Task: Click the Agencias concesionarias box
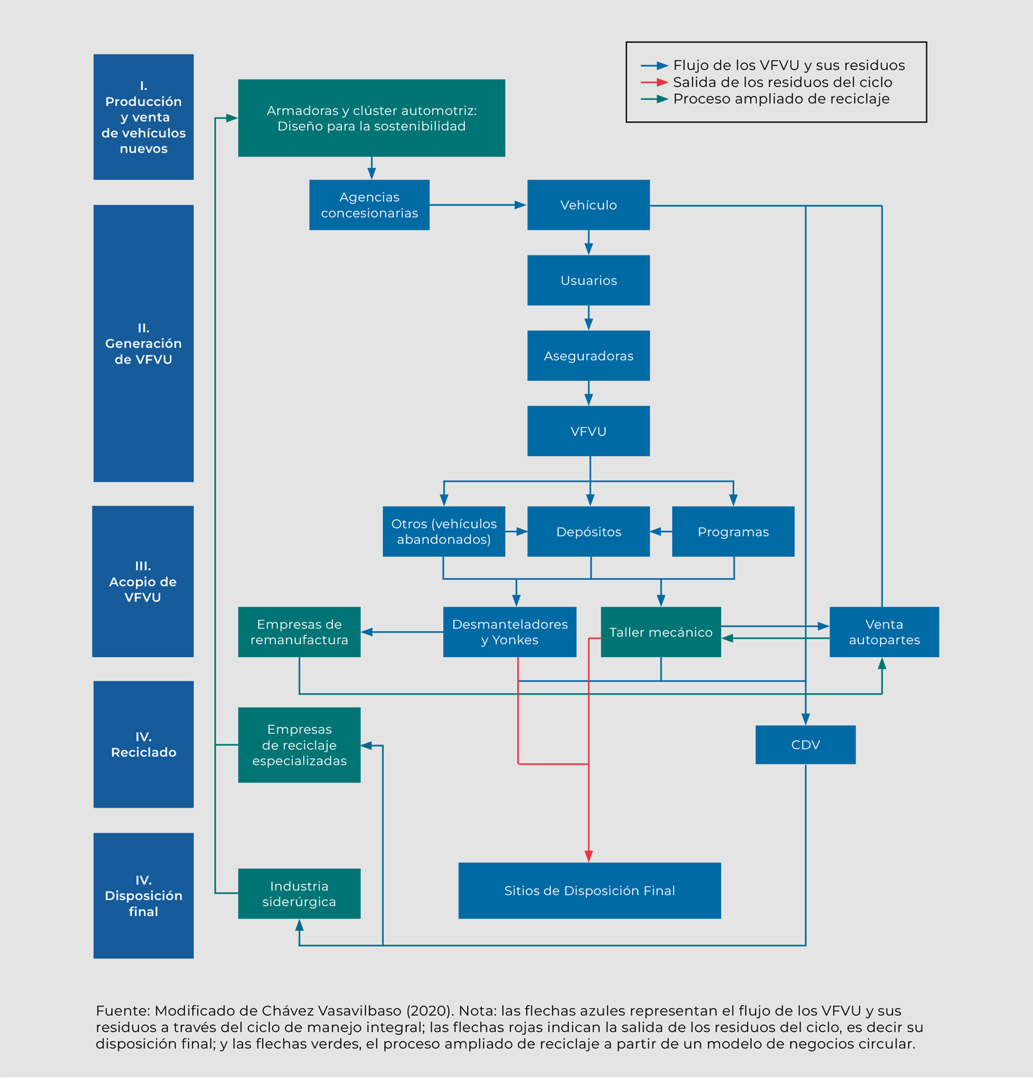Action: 369,205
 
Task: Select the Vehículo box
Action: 588,205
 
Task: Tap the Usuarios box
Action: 588,280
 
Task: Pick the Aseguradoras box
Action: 588,355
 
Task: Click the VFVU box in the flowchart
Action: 588,431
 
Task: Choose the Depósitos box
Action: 588,531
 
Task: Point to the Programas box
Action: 733,531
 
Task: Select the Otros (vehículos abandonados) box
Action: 444,531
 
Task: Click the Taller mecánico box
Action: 661,632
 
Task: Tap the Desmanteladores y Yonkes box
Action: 510,632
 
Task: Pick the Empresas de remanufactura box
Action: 299,632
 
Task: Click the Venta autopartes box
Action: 884,632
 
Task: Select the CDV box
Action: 805,745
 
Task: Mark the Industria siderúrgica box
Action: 299,894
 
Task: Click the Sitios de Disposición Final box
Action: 589,891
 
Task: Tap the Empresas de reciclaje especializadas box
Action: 299,745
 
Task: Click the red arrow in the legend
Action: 654,82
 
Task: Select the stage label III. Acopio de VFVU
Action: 143,581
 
